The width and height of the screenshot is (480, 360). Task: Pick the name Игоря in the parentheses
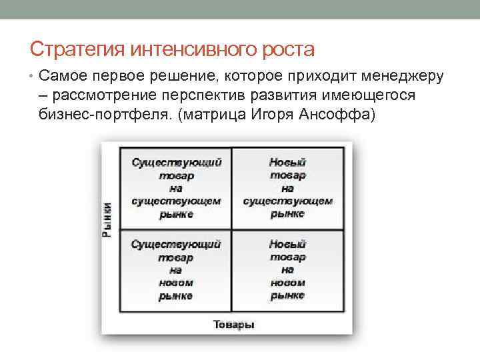click(x=272, y=114)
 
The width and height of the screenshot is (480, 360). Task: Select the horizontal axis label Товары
click(x=233, y=325)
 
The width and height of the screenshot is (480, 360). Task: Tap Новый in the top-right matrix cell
click(x=287, y=162)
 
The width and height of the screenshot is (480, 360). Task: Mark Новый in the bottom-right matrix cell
click(x=287, y=245)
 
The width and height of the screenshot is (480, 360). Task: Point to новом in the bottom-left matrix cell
click(x=176, y=283)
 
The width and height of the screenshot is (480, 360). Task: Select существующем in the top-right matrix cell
click(x=287, y=201)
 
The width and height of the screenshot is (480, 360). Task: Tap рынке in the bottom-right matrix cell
click(x=287, y=295)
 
